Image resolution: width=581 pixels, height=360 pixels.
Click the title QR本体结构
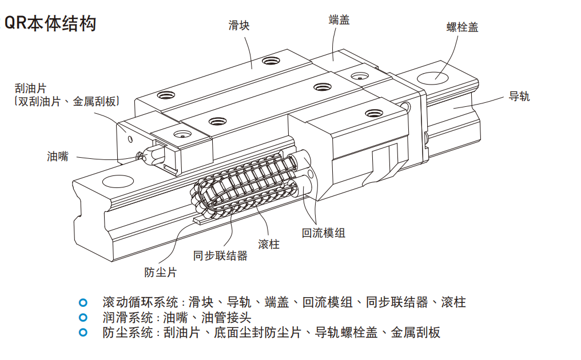50,23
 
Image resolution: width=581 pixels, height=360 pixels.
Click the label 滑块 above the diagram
239,25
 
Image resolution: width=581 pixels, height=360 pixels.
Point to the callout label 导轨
519,97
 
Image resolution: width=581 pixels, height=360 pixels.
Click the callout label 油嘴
57,156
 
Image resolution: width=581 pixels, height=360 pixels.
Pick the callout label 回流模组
323,233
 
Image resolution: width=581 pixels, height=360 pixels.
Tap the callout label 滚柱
269,245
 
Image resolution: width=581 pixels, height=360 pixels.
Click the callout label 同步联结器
220,255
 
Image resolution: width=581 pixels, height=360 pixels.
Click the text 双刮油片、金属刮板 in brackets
67,101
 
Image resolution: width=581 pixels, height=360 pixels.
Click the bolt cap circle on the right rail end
436,75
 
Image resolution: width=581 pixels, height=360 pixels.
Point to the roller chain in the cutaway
246,186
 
